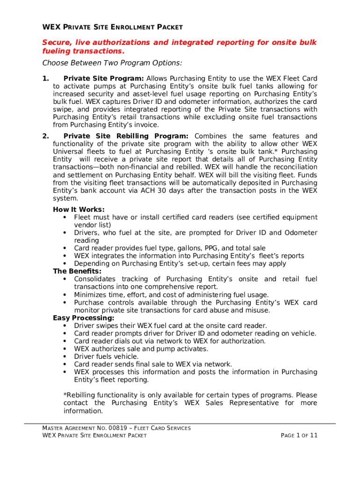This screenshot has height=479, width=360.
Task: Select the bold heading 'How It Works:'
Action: (79, 210)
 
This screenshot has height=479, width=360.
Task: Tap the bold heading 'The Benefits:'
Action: (77, 271)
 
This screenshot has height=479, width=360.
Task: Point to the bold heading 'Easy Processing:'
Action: (83, 318)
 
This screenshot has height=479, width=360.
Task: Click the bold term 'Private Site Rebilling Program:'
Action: (126, 136)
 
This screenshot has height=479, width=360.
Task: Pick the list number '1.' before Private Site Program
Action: (45, 78)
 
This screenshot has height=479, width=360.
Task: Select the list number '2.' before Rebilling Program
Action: (45, 136)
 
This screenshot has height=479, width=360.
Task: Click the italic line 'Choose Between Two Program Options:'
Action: (112, 63)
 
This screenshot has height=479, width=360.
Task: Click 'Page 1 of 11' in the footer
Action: (299, 435)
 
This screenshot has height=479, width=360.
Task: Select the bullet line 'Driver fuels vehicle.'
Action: (106, 356)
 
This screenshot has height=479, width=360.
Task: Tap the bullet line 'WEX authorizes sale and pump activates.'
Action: (141, 348)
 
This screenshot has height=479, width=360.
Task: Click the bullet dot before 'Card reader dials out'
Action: (64, 341)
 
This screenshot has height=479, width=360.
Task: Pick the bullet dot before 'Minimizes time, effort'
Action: (64, 295)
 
